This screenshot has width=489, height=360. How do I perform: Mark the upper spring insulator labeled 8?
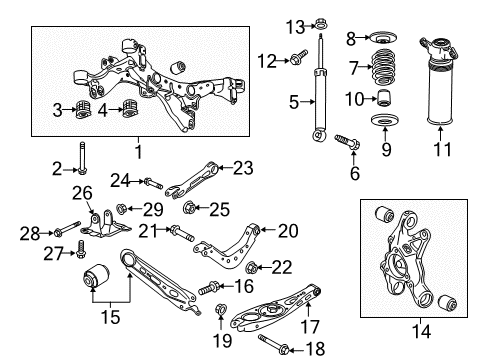pos(380,40)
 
